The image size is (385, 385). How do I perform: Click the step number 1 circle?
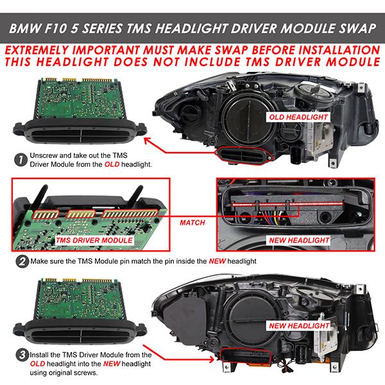point(21,160)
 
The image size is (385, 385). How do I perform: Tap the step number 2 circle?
point(22,261)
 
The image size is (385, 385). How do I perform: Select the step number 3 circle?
point(22,355)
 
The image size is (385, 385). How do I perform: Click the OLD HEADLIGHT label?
point(298,117)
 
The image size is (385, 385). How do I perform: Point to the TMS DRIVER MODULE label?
point(94,240)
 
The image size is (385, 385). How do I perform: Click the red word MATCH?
point(193,223)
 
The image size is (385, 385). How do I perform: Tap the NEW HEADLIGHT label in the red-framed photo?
point(299,240)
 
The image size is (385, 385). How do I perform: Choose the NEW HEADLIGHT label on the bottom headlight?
point(299,326)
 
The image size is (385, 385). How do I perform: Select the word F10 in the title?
point(56,28)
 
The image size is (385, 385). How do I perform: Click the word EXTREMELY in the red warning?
point(37,50)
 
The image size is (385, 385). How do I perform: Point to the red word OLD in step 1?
point(112,164)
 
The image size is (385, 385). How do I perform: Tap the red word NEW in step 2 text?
point(217,261)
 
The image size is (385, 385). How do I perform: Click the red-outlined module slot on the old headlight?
point(242,156)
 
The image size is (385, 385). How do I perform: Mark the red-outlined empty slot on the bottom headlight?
point(246,357)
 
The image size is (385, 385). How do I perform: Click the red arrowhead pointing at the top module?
point(148,141)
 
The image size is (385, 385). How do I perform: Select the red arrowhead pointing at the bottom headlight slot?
point(210,360)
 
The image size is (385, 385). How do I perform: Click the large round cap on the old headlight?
point(249,123)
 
